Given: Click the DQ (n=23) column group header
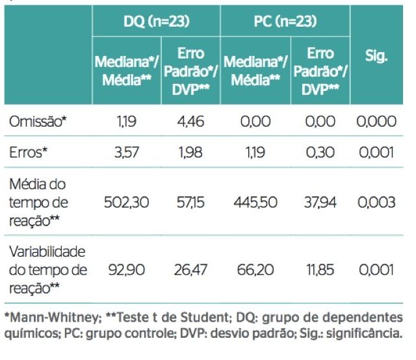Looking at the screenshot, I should pos(156,21).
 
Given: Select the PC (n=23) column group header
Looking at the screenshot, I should pos(285,21).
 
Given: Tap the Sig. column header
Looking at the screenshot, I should pos(376,56).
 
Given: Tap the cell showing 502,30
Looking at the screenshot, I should pos(123,203).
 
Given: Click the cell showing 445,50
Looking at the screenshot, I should pos(253,203).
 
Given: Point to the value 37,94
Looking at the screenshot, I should pos(318,203).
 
